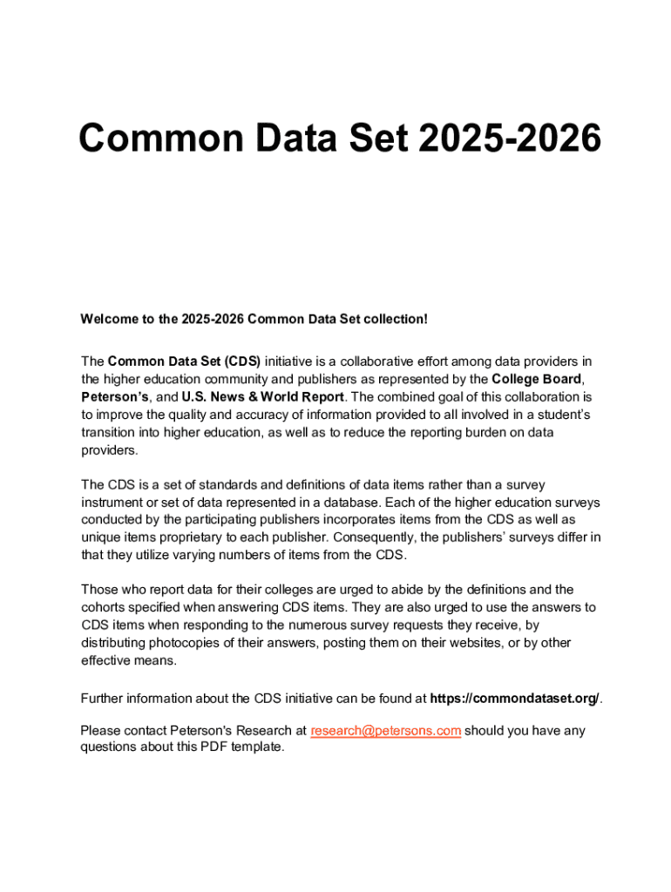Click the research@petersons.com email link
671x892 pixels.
[385, 730]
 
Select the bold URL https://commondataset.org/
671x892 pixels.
[515, 698]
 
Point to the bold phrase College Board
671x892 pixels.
[536, 379]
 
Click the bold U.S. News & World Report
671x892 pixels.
[262, 397]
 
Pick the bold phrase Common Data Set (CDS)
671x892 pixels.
[184, 362]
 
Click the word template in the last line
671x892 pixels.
[258, 748]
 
